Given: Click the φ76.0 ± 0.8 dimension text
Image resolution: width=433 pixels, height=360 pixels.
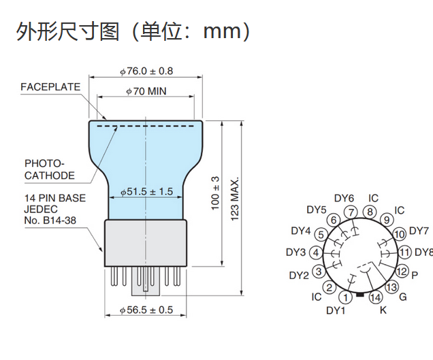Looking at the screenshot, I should click(x=146, y=71).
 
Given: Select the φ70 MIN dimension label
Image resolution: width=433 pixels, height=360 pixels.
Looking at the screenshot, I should click(x=146, y=91).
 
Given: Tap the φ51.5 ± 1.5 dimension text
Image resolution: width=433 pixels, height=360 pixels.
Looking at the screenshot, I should click(x=146, y=192).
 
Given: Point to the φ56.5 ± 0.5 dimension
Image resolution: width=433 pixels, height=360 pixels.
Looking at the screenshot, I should click(x=146, y=310).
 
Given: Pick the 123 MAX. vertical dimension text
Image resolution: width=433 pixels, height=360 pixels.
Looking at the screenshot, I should click(x=236, y=199).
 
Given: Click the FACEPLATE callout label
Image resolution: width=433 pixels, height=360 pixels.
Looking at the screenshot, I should click(x=50, y=87).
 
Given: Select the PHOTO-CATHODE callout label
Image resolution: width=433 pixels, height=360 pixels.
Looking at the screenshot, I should click(x=50, y=169).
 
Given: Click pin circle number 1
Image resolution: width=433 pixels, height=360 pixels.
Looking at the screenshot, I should click(x=346, y=297).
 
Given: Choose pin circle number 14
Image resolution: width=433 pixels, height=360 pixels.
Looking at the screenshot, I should click(x=376, y=297).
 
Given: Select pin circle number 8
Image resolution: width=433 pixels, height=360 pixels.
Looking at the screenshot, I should click(x=370, y=212).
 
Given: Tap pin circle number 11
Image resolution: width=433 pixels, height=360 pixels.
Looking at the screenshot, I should click(x=405, y=252).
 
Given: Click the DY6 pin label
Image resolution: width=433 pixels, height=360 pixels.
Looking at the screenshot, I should click(x=345, y=198).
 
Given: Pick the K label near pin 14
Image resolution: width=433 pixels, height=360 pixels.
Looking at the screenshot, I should click(x=383, y=311).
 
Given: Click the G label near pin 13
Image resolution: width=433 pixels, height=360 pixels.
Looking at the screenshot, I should click(x=403, y=297).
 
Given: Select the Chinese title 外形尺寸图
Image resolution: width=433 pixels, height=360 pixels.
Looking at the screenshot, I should click(x=67, y=31).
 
